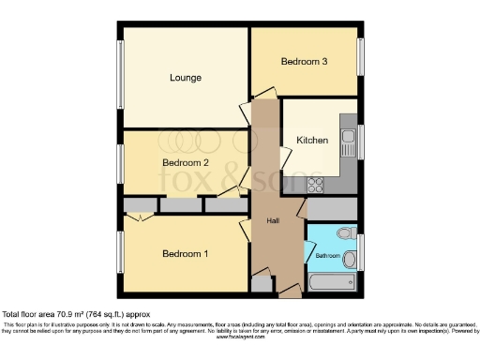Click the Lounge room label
point(185,77)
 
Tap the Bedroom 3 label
point(305,62)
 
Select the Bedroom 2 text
point(184,162)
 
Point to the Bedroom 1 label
point(186,254)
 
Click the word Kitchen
point(312,140)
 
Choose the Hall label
point(273,220)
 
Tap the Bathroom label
point(327,255)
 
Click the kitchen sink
point(349,143)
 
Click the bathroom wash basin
point(349,259)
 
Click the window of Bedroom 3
point(361,56)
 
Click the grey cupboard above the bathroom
point(332,208)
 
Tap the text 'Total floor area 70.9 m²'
point(56,314)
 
